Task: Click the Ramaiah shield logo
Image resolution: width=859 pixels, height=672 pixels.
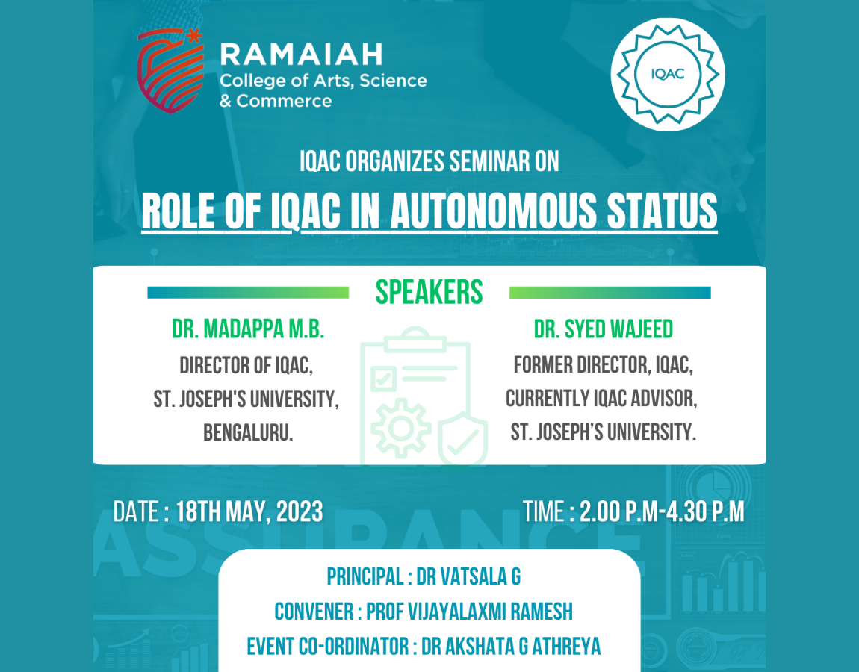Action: pyautogui.click(x=170, y=71)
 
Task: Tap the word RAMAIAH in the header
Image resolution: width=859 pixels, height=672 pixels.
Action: pyautogui.click(x=301, y=55)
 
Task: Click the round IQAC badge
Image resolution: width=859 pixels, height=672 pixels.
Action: pyautogui.click(x=668, y=75)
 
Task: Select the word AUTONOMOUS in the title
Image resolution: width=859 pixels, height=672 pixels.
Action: pyautogui.click(x=492, y=211)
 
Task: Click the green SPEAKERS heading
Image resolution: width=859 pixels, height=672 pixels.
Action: pyautogui.click(x=429, y=292)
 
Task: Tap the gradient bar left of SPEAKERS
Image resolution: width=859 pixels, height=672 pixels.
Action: pyautogui.click(x=248, y=293)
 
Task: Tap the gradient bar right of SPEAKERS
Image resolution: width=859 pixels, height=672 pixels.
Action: pyautogui.click(x=610, y=293)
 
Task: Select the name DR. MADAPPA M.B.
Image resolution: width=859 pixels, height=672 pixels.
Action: pyautogui.click(x=248, y=329)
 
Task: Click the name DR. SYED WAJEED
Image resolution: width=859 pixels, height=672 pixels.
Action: pyautogui.click(x=603, y=329)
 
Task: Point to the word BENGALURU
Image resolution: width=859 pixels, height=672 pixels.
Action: pyautogui.click(x=248, y=432)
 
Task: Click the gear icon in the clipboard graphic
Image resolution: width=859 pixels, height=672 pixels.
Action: pyautogui.click(x=401, y=429)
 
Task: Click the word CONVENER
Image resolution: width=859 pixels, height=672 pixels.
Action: pyautogui.click(x=314, y=612)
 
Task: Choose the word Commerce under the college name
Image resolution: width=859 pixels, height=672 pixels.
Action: pyautogui.click(x=284, y=101)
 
